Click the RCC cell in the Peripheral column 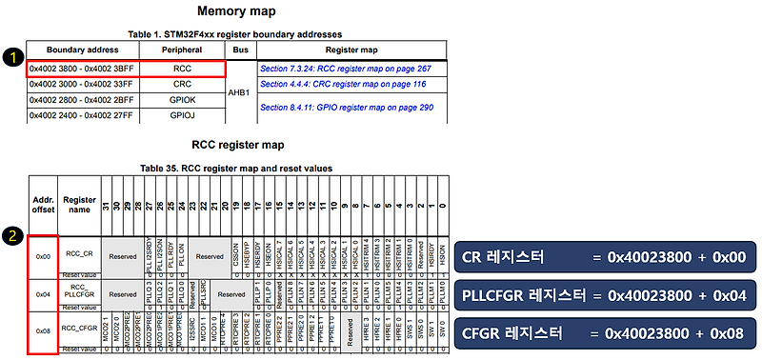pyautogui.click(x=182, y=69)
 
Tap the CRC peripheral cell pyautogui.click(x=182, y=85)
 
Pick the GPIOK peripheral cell pyautogui.click(x=182, y=100)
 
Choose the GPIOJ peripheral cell pyautogui.click(x=182, y=115)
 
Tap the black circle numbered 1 pyautogui.click(x=11, y=57)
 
